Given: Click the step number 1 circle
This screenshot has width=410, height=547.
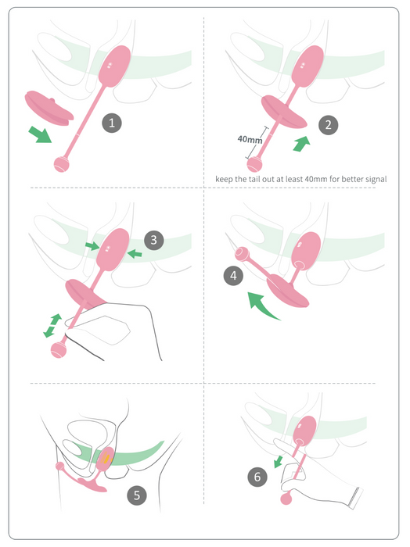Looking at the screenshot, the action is click(112, 123).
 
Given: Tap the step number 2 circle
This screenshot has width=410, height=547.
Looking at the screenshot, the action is click(329, 125).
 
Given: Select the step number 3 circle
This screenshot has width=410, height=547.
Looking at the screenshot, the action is click(154, 241).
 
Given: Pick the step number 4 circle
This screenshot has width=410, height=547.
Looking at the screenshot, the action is click(233, 276).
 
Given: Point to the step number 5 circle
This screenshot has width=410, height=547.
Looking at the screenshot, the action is click(137, 495).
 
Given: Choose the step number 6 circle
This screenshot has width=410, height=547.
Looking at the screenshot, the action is click(257, 477).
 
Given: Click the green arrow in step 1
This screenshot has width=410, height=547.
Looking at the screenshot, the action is click(40, 134).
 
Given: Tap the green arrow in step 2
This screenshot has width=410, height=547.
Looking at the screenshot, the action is click(301, 144).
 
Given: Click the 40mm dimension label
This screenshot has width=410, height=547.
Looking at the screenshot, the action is click(250, 140).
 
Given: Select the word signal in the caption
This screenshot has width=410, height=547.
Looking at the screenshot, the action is click(376, 179).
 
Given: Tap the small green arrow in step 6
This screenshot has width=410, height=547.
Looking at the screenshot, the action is click(279, 461).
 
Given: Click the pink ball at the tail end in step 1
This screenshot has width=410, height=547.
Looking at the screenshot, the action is click(62, 164).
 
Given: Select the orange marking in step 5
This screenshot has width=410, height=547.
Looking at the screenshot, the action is click(105, 458).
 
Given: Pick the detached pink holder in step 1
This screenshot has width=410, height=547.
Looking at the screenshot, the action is click(49, 108).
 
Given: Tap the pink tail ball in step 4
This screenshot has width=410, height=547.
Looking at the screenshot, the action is click(241, 254).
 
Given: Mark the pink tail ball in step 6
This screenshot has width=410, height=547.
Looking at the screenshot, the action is click(286, 499).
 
